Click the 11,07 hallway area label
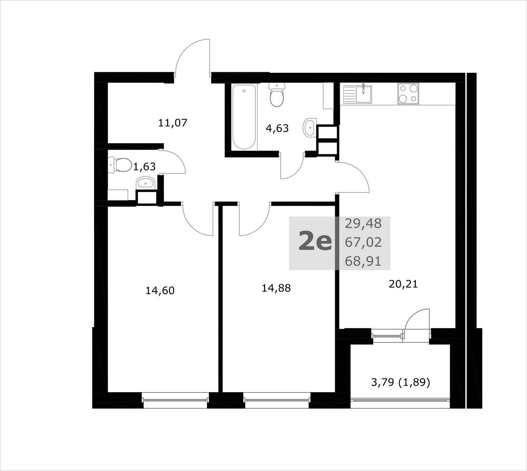tap(173, 123)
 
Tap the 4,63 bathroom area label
tap(277, 128)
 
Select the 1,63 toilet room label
tap(144, 166)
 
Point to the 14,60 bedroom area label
tap(160, 291)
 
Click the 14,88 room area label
tap(276, 288)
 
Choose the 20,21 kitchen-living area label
tap(403, 284)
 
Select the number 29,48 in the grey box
tap(363, 223)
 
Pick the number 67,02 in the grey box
tap(363, 242)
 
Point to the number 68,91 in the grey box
tap(363, 261)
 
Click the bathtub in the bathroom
tap(244, 117)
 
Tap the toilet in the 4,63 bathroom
tap(277, 95)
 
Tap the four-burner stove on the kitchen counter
tap(408, 94)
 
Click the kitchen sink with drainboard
tap(358, 94)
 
